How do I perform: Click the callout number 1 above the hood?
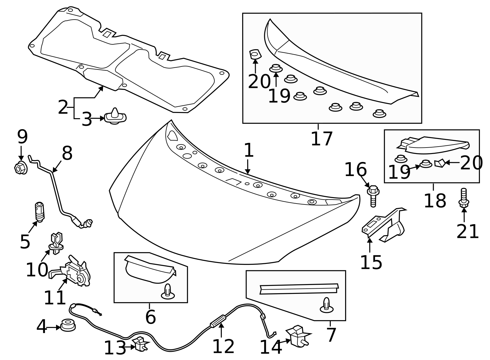pyautogui.click(x=249, y=151)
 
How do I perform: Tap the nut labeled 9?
pyautogui.click(x=21, y=168)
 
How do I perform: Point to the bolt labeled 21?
pyautogui.click(x=464, y=198)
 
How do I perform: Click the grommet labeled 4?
pyautogui.click(x=68, y=325)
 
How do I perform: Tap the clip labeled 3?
pyautogui.click(x=115, y=117)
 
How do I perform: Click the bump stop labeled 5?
pyautogui.click(x=40, y=211)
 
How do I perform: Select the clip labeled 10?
pyautogui.click(x=56, y=244)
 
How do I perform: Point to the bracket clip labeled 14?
pyautogui.click(x=297, y=336)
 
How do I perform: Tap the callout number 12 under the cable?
pyautogui.click(x=223, y=346)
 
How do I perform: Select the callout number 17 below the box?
pyautogui.click(x=321, y=139)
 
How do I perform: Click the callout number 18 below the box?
pyautogui.click(x=435, y=201)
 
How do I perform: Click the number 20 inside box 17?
pyautogui.click(x=259, y=81)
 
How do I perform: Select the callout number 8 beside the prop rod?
pyautogui.click(x=67, y=153)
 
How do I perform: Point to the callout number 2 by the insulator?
pyautogui.click(x=63, y=108)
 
